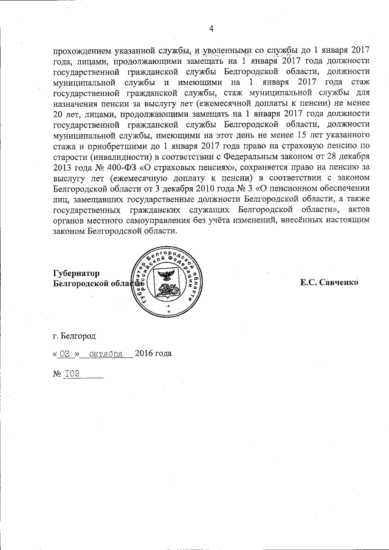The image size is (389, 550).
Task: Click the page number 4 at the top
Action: (x=212, y=28)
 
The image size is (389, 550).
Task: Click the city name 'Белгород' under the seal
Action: (x=78, y=334)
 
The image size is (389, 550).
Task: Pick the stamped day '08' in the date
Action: (x=67, y=353)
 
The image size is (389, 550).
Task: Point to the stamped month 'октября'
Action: (x=106, y=353)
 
